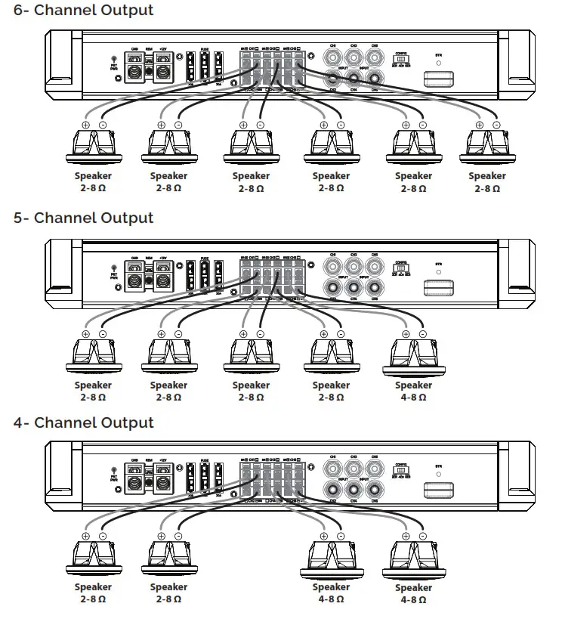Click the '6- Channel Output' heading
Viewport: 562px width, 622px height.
click(84, 11)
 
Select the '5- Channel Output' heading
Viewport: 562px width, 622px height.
click(84, 218)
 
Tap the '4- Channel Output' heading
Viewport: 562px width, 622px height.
click(84, 423)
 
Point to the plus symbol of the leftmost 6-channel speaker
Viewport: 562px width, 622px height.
click(85, 125)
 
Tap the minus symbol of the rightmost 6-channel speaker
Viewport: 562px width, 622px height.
click(496, 125)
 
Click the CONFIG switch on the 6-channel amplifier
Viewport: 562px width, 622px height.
click(401, 59)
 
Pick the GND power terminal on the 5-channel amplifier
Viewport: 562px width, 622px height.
click(136, 277)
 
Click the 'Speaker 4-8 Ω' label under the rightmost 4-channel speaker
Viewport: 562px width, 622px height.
click(413, 593)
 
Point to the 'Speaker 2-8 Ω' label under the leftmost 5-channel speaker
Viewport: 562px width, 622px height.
click(94, 391)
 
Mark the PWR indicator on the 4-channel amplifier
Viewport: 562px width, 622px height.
click(114, 475)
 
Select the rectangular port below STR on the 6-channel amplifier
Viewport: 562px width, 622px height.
click(438, 79)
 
